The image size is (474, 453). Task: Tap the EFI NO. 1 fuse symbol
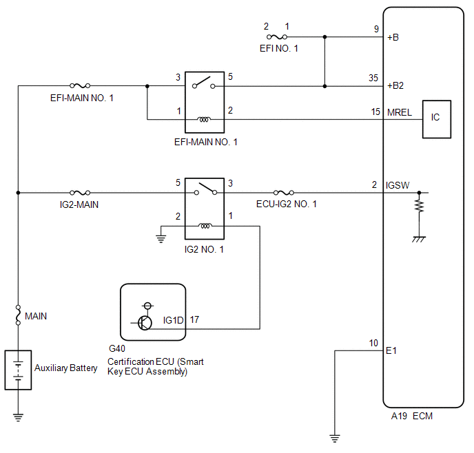point(277,37)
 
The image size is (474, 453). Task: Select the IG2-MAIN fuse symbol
point(80,193)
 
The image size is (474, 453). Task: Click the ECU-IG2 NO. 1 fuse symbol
point(284,193)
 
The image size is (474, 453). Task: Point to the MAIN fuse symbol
point(18,315)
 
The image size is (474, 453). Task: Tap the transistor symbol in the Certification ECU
point(145,322)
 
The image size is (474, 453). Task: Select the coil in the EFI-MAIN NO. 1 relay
point(205,120)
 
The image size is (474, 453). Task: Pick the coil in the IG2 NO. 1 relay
point(205,226)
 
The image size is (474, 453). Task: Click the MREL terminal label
point(400,113)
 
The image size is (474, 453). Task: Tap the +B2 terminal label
point(395,86)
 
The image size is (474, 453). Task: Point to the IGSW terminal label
point(398,185)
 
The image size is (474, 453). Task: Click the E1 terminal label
point(391,350)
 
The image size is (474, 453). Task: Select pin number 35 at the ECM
point(373,78)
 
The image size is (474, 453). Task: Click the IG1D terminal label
point(173,320)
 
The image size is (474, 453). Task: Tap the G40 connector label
point(117,348)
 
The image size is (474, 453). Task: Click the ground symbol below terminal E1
point(335,439)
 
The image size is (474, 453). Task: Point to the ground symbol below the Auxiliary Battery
point(18,417)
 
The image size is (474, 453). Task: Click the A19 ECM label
point(412,416)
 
